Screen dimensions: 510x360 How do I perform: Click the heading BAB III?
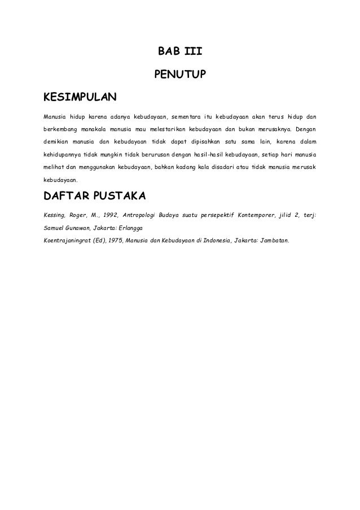[x=179, y=52]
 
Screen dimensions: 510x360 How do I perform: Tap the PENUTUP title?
[x=179, y=74]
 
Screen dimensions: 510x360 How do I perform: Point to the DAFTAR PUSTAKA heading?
[x=94, y=196]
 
